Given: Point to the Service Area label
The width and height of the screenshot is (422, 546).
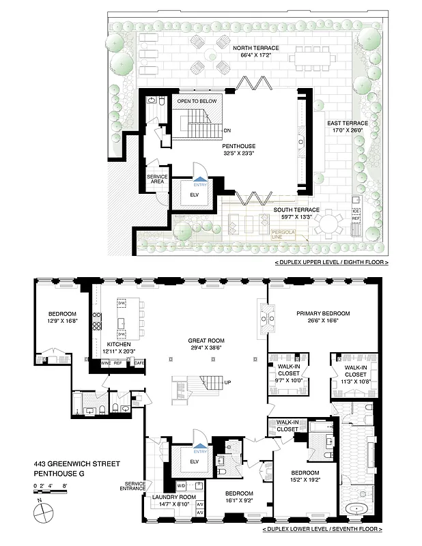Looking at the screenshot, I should tap(157, 179).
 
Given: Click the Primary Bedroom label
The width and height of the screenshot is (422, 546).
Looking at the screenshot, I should tap(323, 313).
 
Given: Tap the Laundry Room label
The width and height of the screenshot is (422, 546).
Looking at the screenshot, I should tap(175, 498).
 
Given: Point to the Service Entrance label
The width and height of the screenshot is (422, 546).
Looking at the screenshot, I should tap(134, 487).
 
